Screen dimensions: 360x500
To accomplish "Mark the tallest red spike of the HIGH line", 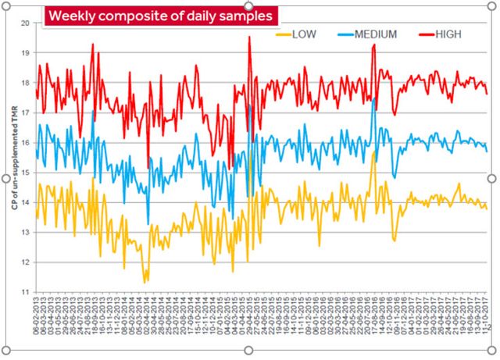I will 249,37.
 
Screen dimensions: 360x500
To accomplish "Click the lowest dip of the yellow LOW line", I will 144,283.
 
